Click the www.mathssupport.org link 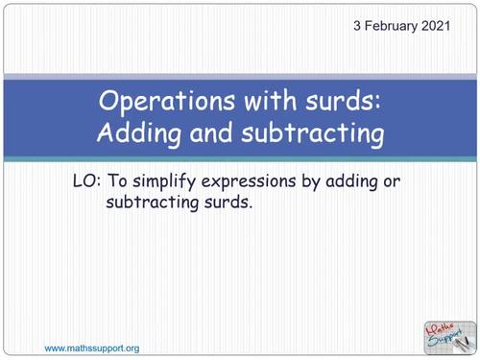[x=92, y=347]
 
